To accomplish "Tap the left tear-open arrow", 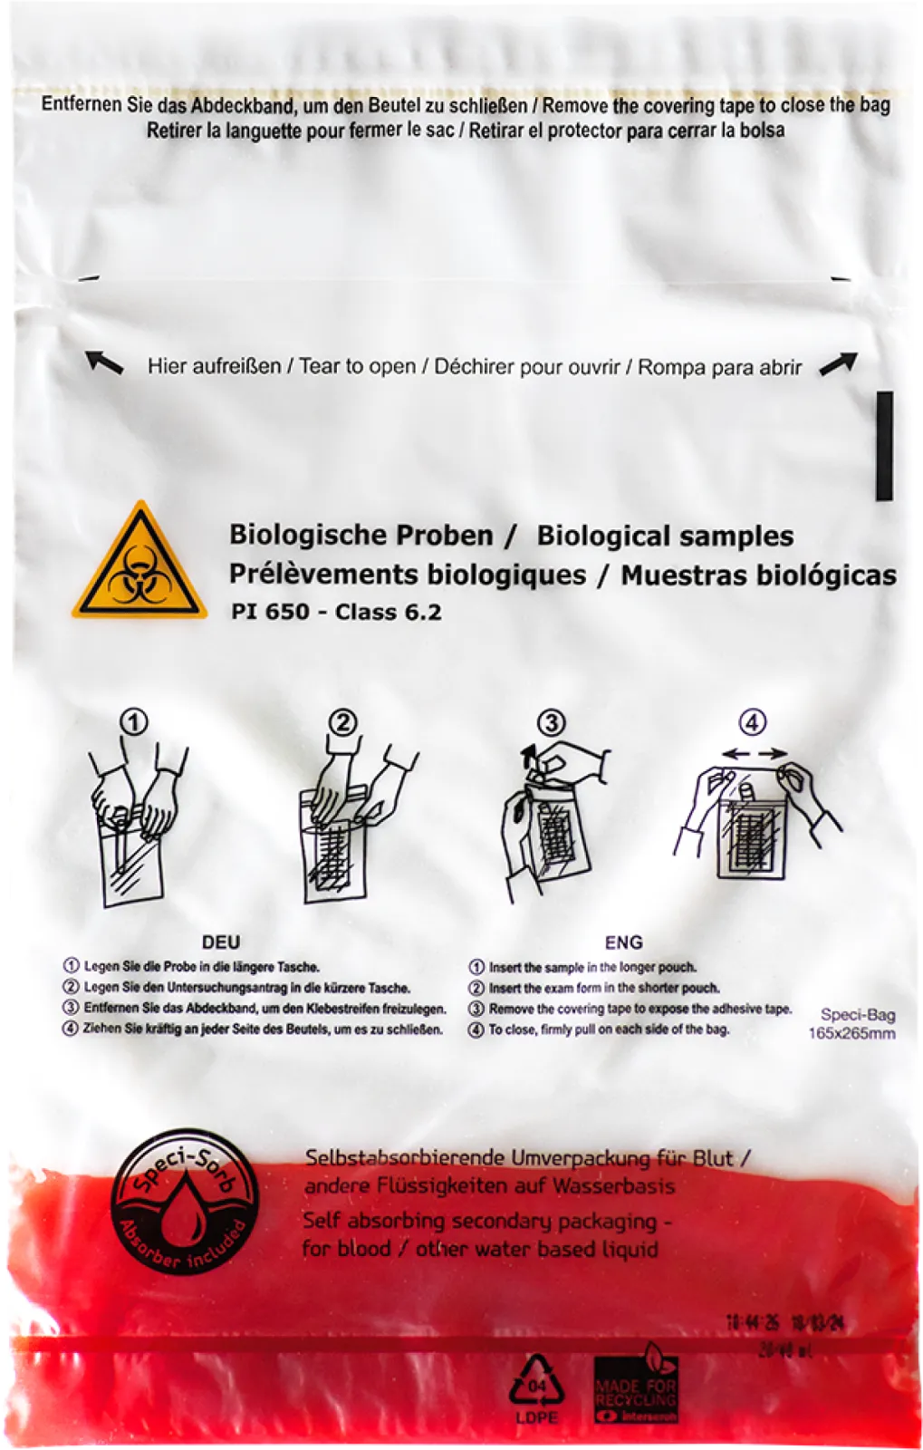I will point(104,363).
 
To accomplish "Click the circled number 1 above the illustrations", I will point(134,722).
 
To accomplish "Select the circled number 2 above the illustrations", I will point(342,722).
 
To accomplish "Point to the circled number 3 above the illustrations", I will point(551,722).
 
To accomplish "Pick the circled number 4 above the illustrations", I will point(753,722).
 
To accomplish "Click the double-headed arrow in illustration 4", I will point(755,753).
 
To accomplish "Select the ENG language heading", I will point(623,942).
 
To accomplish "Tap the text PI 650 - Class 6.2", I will point(336,612).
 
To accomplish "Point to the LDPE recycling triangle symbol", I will point(536,1382).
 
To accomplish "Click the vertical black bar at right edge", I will point(884,446).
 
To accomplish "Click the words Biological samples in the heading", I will point(665,536).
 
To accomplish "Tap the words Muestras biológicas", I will point(758,575).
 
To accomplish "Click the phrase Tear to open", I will point(357,367).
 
